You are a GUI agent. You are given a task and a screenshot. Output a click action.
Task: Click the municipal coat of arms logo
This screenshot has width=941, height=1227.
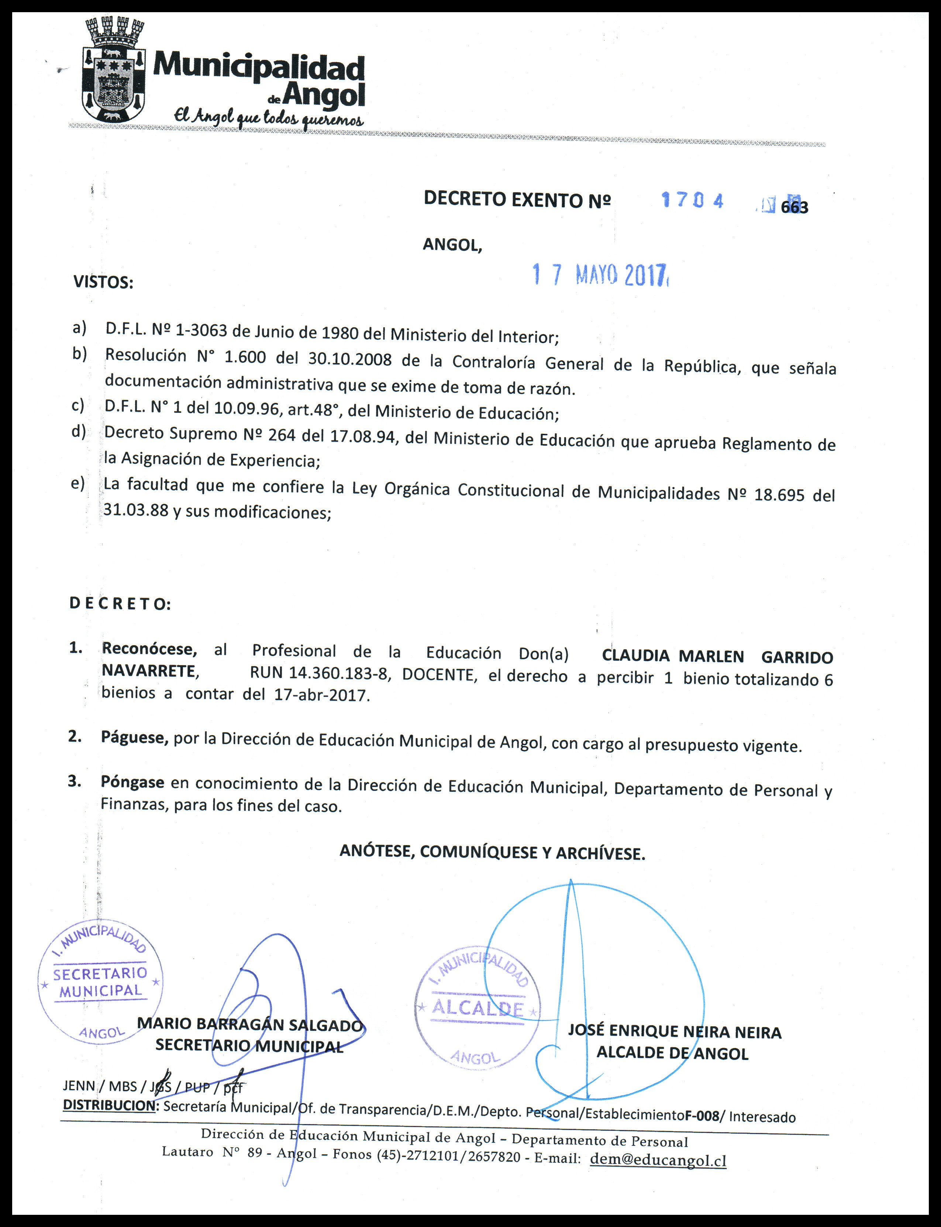click(115, 70)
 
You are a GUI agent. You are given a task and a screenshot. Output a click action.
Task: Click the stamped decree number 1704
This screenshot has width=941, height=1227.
click(692, 200)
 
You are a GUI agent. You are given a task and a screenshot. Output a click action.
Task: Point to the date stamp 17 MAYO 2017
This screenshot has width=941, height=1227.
click(600, 275)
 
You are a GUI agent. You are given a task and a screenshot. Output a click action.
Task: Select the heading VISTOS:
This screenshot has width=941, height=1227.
click(104, 282)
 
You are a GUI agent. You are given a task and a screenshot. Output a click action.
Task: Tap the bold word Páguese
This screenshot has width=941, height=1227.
click(134, 737)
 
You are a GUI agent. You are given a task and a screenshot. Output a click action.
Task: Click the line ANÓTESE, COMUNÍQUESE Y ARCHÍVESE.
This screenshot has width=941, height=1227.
click(492, 852)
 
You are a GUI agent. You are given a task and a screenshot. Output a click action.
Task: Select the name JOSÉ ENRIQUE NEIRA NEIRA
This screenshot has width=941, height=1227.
click(675, 1031)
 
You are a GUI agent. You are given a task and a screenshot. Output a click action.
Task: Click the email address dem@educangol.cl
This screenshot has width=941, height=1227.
click(658, 1160)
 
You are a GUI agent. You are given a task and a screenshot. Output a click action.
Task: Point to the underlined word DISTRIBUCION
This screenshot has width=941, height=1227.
click(108, 1105)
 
